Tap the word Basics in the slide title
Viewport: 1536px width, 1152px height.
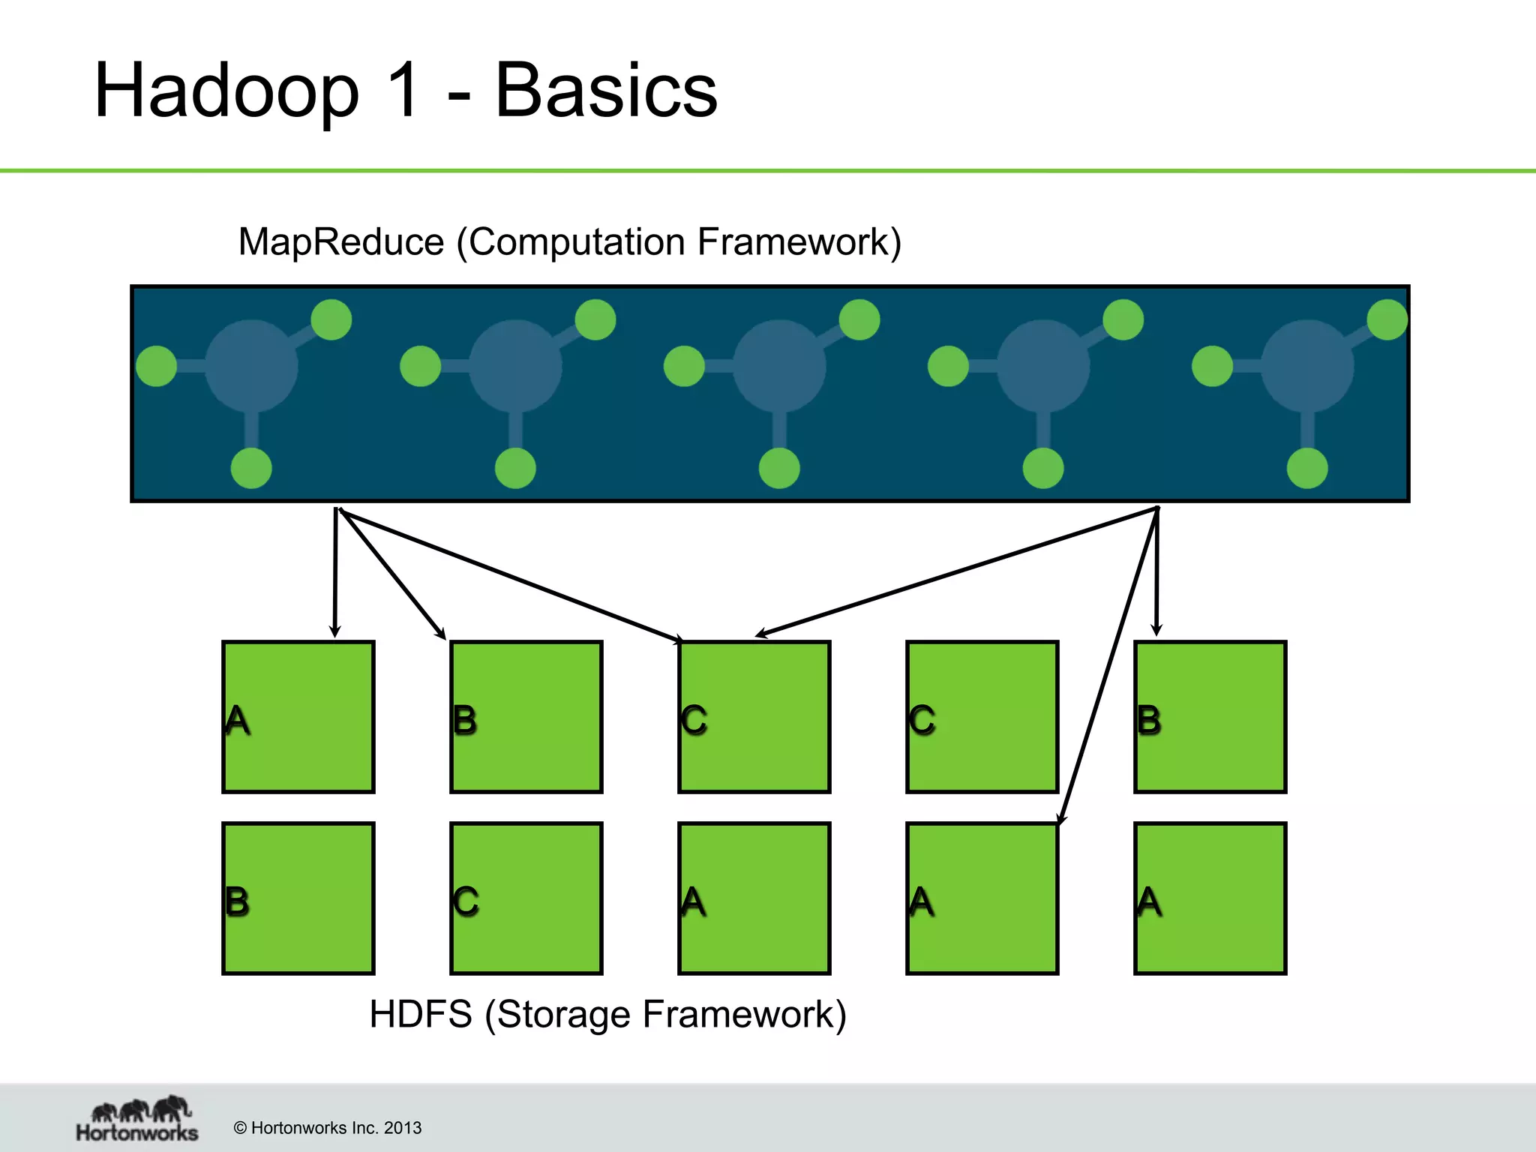[606, 91]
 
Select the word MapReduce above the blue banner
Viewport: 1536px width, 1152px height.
[341, 242]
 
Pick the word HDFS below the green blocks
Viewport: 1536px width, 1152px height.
[421, 1014]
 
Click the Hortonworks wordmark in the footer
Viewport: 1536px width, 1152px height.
[137, 1132]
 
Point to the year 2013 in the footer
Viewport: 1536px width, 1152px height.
[403, 1128]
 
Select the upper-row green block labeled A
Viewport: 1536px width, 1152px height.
[298, 717]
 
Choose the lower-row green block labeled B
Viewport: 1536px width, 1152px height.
[298, 898]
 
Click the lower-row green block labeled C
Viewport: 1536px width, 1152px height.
[526, 898]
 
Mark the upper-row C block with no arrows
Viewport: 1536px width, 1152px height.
[982, 717]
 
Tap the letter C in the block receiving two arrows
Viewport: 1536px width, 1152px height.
[694, 720]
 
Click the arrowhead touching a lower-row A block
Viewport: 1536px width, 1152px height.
[1061, 819]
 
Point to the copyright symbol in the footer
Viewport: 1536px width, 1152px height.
[240, 1128]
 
